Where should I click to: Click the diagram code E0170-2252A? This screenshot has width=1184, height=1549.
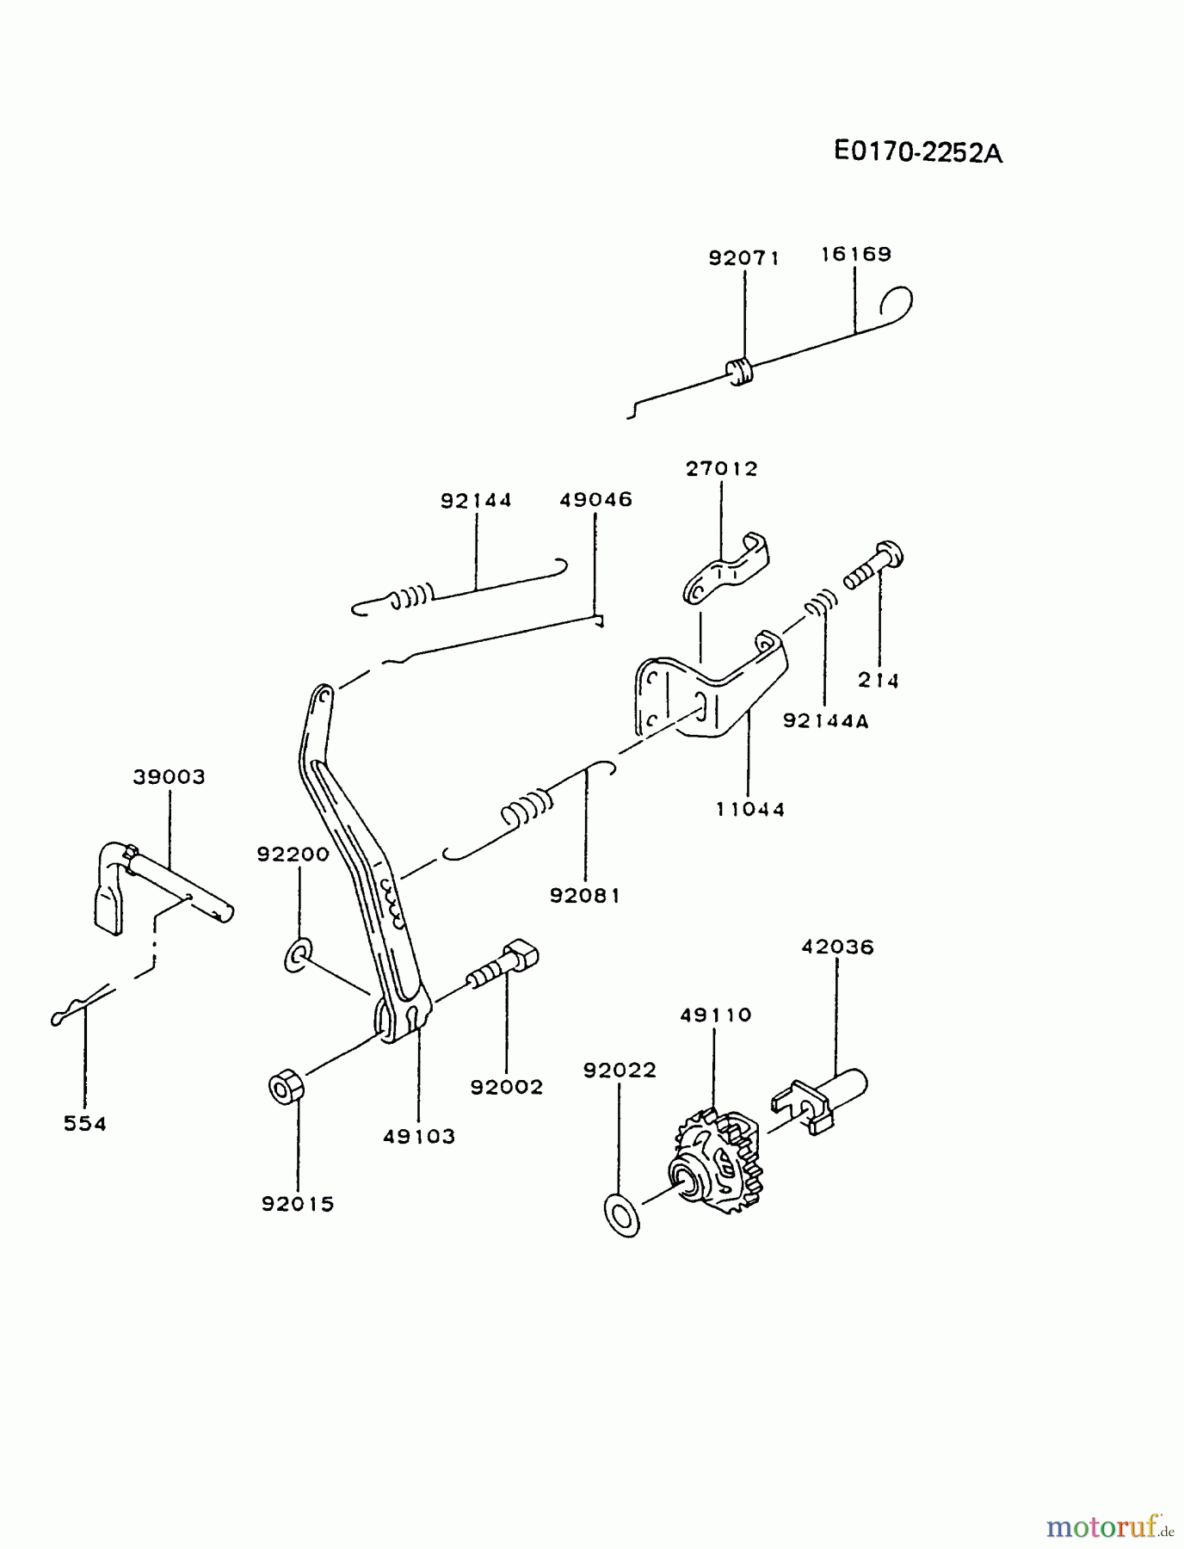click(x=918, y=152)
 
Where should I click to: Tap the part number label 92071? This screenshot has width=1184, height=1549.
click(x=744, y=257)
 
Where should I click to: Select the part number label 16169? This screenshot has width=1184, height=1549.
click(x=855, y=254)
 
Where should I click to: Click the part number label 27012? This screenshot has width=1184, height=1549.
click(x=722, y=469)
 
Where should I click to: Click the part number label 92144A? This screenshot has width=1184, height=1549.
click(x=826, y=721)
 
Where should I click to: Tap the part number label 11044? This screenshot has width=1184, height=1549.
click(x=750, y=809)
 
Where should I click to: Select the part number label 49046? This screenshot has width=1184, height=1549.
click(x=595, y=500)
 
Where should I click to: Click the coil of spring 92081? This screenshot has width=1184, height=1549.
click(x=526, y=810)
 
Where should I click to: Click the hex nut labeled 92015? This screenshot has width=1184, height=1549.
click(x=285, y=1088)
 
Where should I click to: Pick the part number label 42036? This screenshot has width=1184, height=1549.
click(x=837, y=947)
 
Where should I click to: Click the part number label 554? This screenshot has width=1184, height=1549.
click(x=85, y=1123)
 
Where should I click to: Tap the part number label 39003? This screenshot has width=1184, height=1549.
click(x=170, y=777)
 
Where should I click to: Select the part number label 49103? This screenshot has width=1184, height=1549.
click(x=419, y=1136)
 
